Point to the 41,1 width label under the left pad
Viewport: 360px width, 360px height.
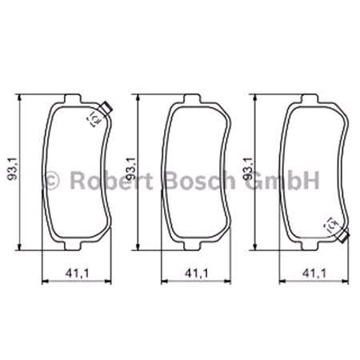point(77,274)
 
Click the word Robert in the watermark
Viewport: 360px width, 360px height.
point(110,179)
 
